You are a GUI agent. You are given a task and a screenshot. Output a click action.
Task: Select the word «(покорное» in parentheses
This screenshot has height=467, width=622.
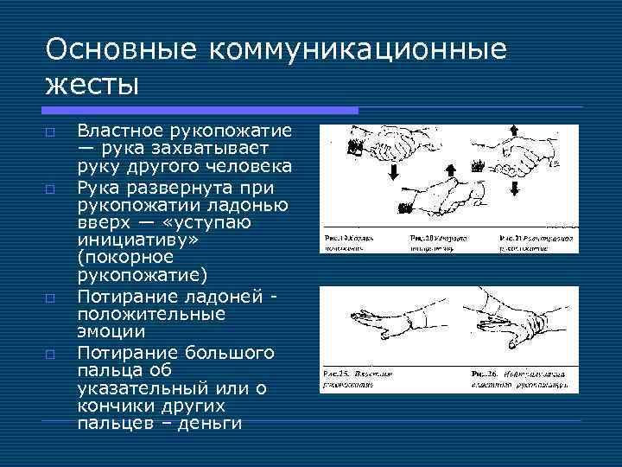point(125,258)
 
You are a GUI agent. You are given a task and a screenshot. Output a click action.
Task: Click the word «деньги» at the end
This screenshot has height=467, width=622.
point(207,423)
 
